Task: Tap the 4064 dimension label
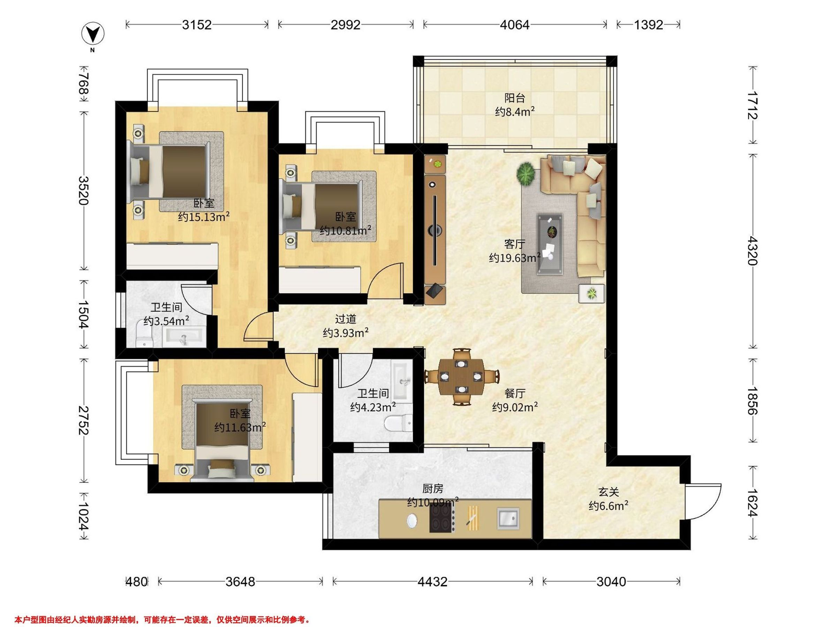[515, 25]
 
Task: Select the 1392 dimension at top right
[649, 25]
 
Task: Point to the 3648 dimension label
[240, 582]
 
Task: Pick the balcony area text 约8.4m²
[515, 111]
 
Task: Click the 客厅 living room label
[515, 244]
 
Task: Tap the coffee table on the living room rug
[550, 244]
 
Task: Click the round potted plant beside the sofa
[526, 174]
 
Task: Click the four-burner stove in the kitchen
[442, 519]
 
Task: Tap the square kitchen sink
[508, 519]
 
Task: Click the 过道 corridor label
[346, 319]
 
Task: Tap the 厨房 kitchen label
[432, 489]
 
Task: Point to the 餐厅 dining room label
[515, 393]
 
